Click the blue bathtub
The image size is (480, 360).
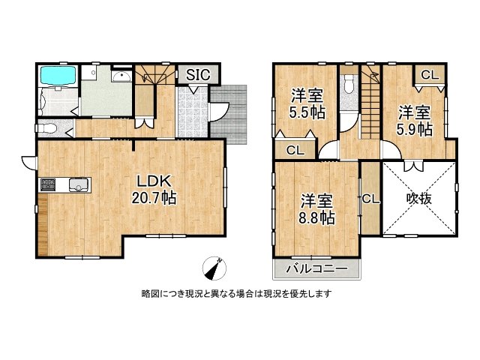pos(58,75)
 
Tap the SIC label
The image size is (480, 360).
pos(198,74)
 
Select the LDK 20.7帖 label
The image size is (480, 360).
pos(154,190)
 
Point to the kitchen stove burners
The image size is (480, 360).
pos(48,184)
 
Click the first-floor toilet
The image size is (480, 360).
pos(46,128)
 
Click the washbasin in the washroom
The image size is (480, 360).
pos(121,76)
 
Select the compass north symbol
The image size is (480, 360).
pos(214,268)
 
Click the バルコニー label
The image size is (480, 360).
pos(316,269)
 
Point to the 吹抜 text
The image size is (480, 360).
pos(419,199)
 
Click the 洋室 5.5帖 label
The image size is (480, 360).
pos(307,103)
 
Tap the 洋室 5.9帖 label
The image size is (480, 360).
pos(415,121)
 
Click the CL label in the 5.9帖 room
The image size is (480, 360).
pos(430,75)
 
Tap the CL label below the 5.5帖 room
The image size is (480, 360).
pos(295,150)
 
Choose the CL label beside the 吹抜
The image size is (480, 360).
pos(370,199)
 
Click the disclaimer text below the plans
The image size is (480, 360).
pos(237,294)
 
